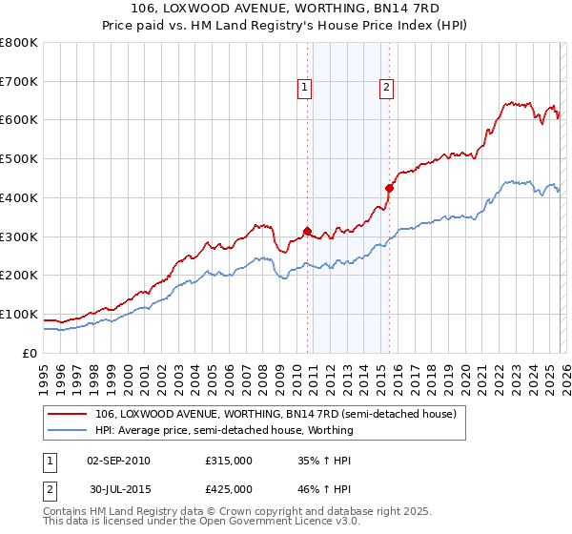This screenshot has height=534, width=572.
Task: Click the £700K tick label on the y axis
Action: pyautogui.click(x=19, y=81)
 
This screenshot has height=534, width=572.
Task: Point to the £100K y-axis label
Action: pyautogui.click(x=19, y=314)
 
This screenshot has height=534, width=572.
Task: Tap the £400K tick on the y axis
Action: pyautogui.click(x=19, y=197)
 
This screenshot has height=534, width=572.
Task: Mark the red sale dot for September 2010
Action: pyautogui.click(x=307, y=230)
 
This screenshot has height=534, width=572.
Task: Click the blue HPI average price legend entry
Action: pyautogui.click(x=224, y=430)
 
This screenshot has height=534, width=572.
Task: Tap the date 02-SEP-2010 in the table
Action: pyautogui.click(x=118, y=461)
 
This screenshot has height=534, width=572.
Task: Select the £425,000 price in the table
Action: pyautogui.click(x=229, y=492)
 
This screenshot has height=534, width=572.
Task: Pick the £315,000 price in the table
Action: pyautogui.click(x=229, y=461)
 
